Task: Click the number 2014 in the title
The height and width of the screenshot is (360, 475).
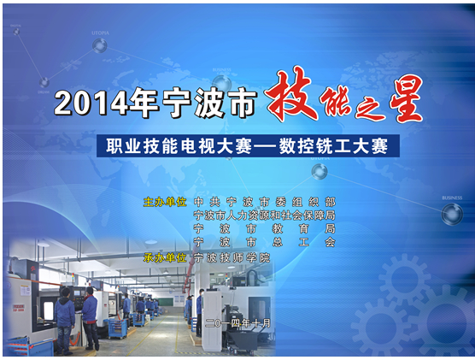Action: (x=91, y=103)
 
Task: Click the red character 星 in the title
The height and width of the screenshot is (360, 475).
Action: (x=406, y=98)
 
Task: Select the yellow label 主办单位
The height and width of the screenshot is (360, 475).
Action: (x=165, y=202)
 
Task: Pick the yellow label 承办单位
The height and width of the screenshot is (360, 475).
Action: (x=165, y=257)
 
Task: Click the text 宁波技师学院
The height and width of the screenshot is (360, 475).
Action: (x=232, y=257)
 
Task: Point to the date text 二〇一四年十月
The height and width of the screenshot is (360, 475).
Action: (x=237, y=323)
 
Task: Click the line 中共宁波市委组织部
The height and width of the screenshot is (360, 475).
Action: (x=265, y=202)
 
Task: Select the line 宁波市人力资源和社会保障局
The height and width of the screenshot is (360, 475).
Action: (x=265, y=215)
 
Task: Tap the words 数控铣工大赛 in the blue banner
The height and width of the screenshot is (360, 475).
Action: (x=333, y=146)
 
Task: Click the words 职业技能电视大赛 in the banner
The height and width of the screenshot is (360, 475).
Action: (x=179, y=146)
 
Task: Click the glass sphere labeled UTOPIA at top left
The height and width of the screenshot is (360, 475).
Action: (x=100, y=46)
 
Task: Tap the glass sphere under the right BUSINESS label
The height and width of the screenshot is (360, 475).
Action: (x=452, y=214)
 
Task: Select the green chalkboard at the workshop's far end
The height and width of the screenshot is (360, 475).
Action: (x=166, y=302)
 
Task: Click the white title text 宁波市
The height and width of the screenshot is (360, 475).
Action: (x=210, y=103)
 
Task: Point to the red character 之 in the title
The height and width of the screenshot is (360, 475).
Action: (x=370, y=109)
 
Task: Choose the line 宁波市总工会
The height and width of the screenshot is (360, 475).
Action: (x=265, y=242)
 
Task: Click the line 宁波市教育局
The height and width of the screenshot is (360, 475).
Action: (x=265, y=228)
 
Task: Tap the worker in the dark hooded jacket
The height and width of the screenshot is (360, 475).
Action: (x=65, y=322)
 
